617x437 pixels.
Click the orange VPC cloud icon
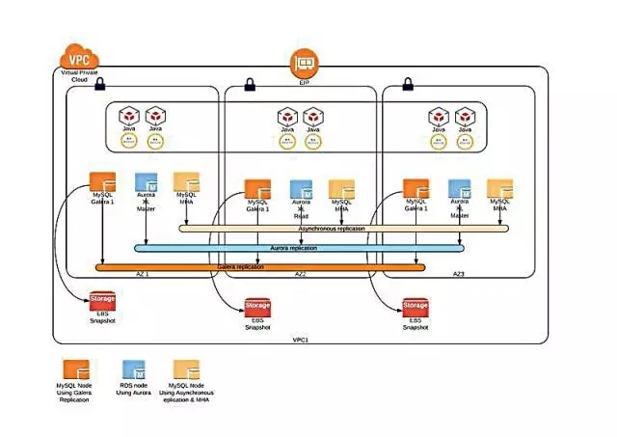pos(80,55)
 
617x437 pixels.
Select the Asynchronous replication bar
pos(342,230)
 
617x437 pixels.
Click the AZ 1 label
pos(142,274)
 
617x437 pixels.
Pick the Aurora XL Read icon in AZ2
pos(302,189)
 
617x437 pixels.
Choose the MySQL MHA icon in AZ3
pos(499,189)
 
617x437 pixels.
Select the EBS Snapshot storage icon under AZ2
pos(256,308)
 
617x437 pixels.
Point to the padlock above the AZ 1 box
pos(99,85)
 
